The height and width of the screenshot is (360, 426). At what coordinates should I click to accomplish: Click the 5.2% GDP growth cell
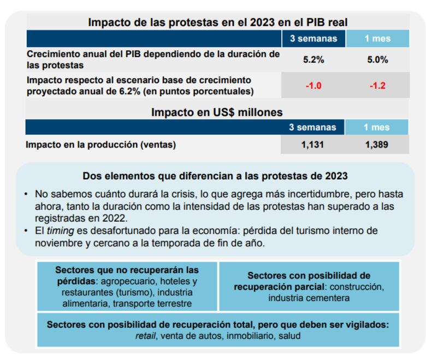click(x=313, y=60)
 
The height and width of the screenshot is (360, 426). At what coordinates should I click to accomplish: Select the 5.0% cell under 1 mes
click(x=377, y=60)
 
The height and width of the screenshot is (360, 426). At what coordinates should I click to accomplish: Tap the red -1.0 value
click(x=313, y=86)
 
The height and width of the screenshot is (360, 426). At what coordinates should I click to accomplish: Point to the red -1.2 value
click(x=377, y=86)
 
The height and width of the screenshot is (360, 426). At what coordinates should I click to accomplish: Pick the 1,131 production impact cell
click(x=313, y=145)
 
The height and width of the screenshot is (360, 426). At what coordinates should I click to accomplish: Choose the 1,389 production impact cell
click(x=377, y=145)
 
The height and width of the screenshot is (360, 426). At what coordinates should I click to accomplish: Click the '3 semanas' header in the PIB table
click(x=313, y=38)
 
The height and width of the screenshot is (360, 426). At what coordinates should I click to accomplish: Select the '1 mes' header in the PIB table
click(x=377, y=38)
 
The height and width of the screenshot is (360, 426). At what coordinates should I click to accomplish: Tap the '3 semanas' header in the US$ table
click(x=313, y=127)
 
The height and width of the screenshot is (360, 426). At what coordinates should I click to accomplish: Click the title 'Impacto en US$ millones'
click(x=217, y=112)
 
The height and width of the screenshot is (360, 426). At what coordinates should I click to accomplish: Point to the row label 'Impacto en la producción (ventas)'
click(x=101, y=145)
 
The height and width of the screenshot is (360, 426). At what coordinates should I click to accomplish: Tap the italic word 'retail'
click(x=145, y=335)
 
